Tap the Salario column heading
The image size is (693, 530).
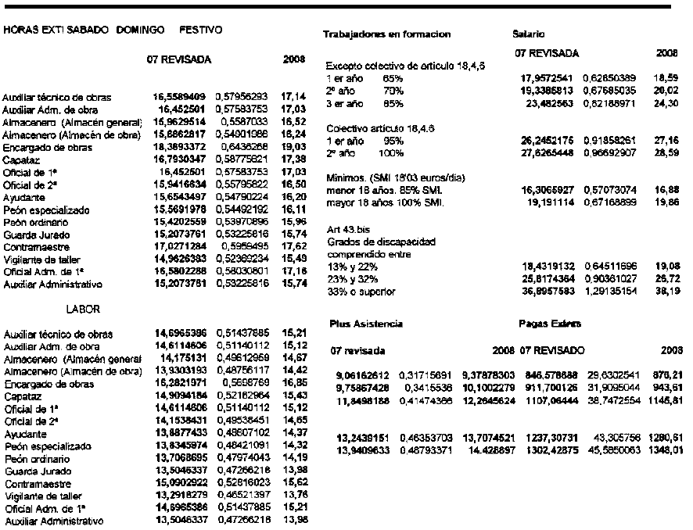pyautogui.click(x=523, y=35)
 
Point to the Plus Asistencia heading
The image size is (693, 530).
pyautogui.click(x=361, y=323)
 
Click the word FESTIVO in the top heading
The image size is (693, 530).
pyautogui.click(x=202, y=30)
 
